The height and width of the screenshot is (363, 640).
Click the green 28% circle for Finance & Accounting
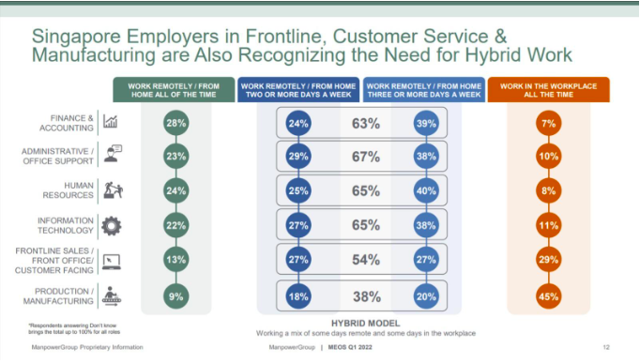(x=175, y=123)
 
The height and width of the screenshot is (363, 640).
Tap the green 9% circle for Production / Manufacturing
(x=175, y=296)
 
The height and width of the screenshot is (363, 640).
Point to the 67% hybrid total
(x=365, y=158)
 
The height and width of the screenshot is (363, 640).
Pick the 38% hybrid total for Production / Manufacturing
(x=365, y=296)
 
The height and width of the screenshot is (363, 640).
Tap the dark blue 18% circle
(x=298, y=296)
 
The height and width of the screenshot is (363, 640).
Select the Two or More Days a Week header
(x=297, y=90)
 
